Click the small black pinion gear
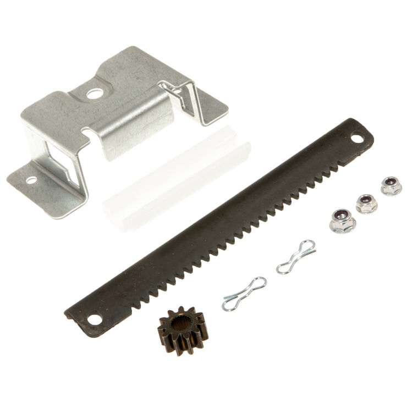coord(181,330)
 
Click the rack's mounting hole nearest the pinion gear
coord(95,318)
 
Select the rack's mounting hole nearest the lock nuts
coord(358,138)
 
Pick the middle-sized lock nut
coord(366,204)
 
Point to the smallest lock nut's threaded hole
coord(391,184)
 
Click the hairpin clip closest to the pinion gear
coord(244,294)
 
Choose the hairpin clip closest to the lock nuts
coord(296,256)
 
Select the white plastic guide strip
coord(176,182)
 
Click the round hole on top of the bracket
coord(94,94)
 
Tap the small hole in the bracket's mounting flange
coord(31,180)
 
